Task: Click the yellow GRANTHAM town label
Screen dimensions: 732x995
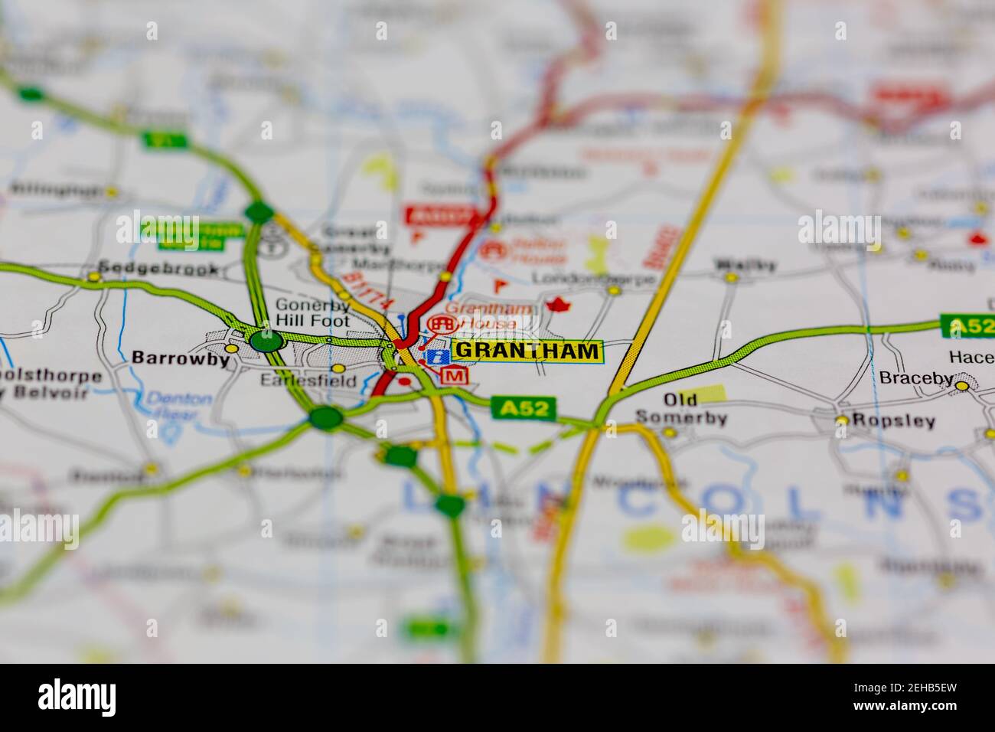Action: pos(527,351)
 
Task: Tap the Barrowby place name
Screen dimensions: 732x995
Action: pos(181,358)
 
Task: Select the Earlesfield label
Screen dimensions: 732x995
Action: pos(308,380)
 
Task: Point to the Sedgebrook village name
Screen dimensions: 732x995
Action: pos(153,270)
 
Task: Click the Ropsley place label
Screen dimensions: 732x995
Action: pos(894,421)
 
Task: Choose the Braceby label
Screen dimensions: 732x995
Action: pos(916,377)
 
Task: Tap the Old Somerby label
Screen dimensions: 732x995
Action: pos(680,410)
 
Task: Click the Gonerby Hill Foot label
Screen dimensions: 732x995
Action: pos(312,313)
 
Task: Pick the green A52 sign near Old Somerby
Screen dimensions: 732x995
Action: pos(524,408)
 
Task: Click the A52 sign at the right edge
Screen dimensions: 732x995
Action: pos(967,327)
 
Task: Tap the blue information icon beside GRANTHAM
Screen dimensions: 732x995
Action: pos(437,356)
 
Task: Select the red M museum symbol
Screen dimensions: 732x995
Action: pos(455,375)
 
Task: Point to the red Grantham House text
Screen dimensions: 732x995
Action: pos(481,316)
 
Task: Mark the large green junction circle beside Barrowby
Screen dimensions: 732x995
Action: pos(266,341)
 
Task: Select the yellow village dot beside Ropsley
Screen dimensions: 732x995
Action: pos(842,420)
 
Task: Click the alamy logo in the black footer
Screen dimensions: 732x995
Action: pos(77,698)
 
